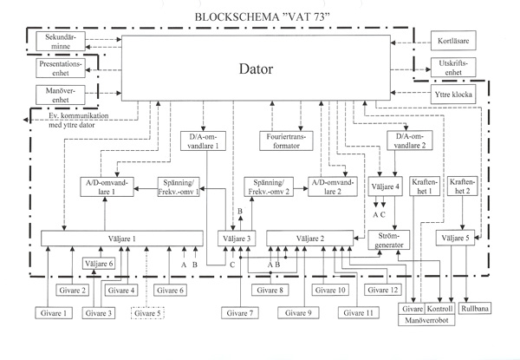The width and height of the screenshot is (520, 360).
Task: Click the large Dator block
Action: click(x=256, y=68)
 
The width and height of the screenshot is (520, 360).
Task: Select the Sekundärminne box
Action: click(x=61, y=41)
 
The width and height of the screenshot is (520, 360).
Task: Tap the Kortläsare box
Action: click(x=453, y=41)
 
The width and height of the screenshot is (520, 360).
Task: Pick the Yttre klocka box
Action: click(x=453, y=95)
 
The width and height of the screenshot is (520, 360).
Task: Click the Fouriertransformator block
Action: click(x=286, y=141)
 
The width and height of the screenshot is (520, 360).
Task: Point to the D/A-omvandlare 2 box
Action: click(x=410, y=141)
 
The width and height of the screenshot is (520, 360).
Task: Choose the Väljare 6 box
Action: click(x=99, y=264)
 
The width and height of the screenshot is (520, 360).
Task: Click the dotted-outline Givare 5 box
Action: click(x=147, y=313)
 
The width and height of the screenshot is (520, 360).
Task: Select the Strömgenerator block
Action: click(x=389, y=240)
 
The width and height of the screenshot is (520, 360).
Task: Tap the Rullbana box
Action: click(x=475, y=308)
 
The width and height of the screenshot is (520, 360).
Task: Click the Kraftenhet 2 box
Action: click(x=462, y=187)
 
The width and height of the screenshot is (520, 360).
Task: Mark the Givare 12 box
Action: click(x=383, y=290)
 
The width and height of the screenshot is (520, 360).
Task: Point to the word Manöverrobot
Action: click(x=426, y=320)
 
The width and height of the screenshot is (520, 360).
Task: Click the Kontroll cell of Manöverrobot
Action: click(x=439, y=309)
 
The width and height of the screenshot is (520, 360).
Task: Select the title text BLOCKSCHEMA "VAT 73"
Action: click(x=262, y=17)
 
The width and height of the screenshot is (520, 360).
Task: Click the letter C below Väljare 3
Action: click(x=232, y=265)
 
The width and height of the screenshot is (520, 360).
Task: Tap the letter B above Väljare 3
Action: click(x=240, y=212)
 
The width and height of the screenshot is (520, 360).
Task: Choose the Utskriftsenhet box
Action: click(x=453, y=68)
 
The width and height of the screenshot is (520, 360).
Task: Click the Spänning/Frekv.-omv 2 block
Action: click(x=269, y=187)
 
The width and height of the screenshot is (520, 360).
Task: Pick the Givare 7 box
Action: click(x=240, y=313)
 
